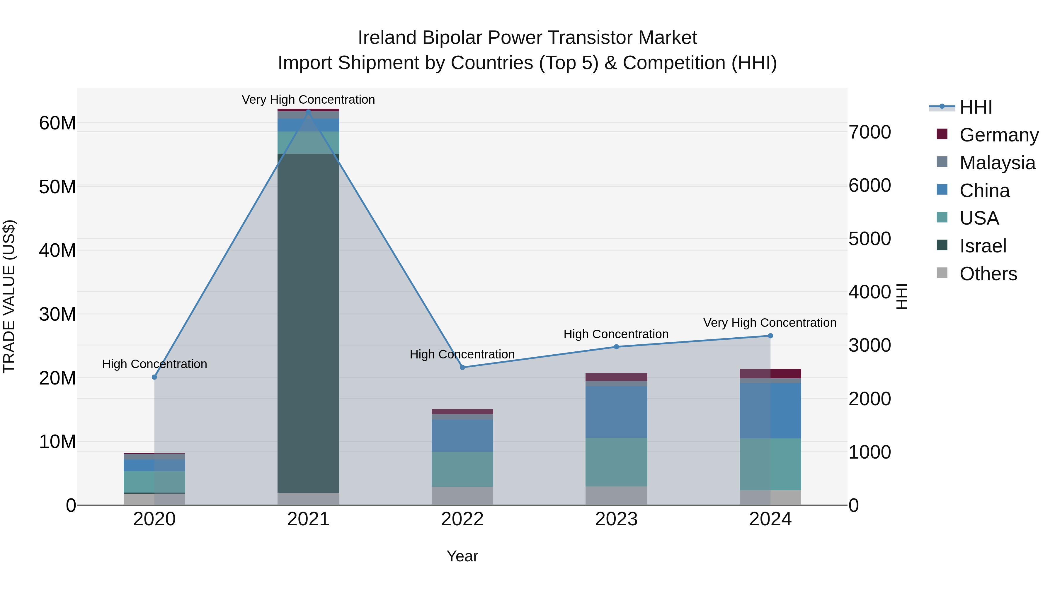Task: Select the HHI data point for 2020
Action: click(154, 377)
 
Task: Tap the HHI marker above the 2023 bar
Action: click(616, 347)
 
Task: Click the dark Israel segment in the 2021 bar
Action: click(308, 323)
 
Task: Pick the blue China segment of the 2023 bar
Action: click(616, 412)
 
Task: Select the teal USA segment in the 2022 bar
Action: click(462, 469)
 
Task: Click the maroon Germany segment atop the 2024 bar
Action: click(770, 374)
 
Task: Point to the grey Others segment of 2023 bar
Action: click(616, 495)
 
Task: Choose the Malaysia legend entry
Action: click(997, 163)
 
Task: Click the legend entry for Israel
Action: click(983, 246)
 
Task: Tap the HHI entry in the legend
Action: click(976, 107)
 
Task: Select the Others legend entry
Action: click(988, 274)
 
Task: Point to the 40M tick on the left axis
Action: click(57, 250)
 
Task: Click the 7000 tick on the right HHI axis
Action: click(869, 132)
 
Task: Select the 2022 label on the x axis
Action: click(462, 519)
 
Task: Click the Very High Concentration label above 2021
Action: click(308, 100)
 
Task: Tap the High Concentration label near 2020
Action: click(154, 364)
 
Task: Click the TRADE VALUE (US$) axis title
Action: click(9, 296)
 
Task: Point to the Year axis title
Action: click(462, 556)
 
